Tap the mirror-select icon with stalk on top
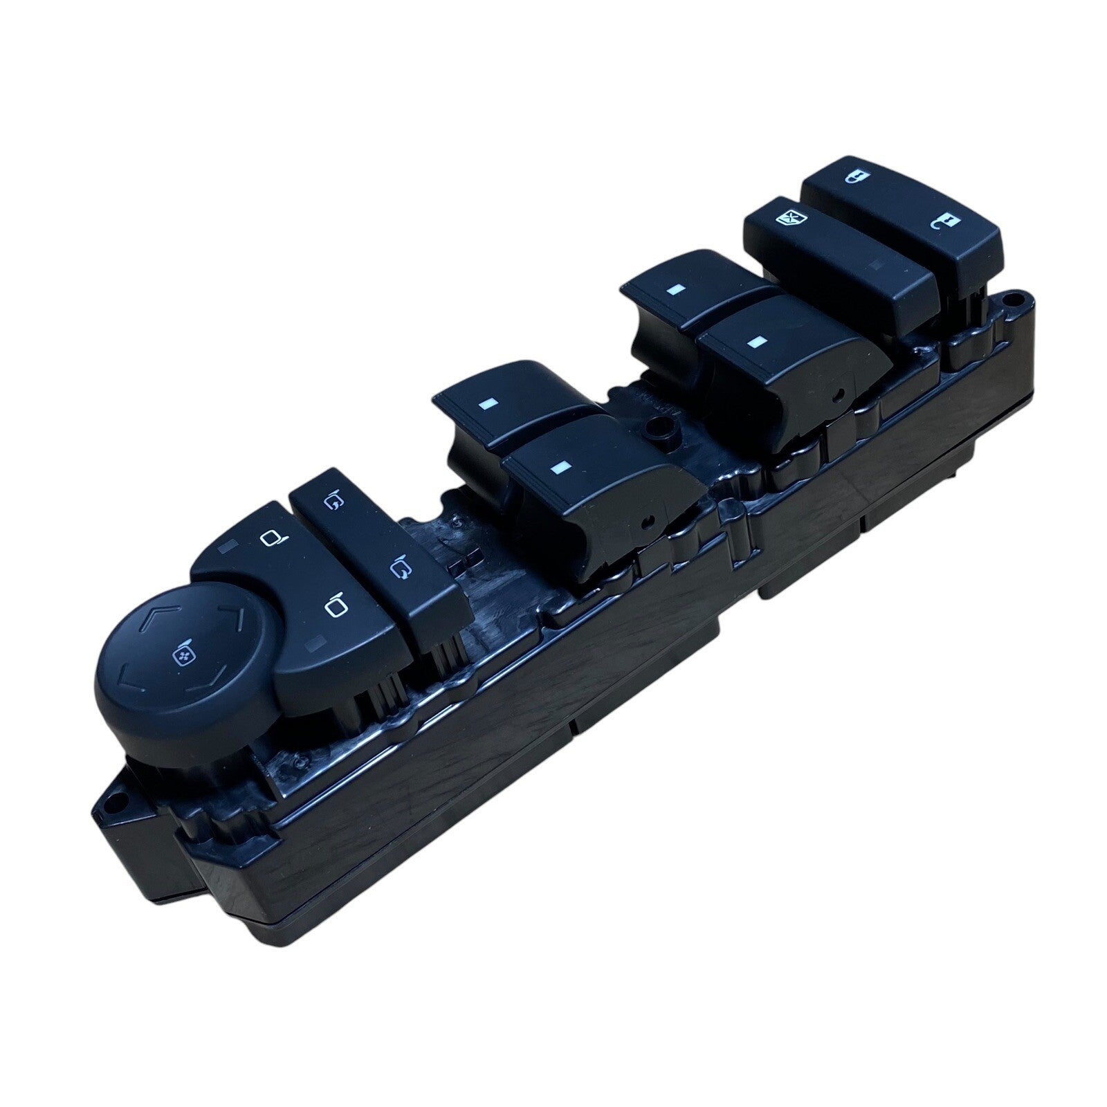[x=335, y=605]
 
